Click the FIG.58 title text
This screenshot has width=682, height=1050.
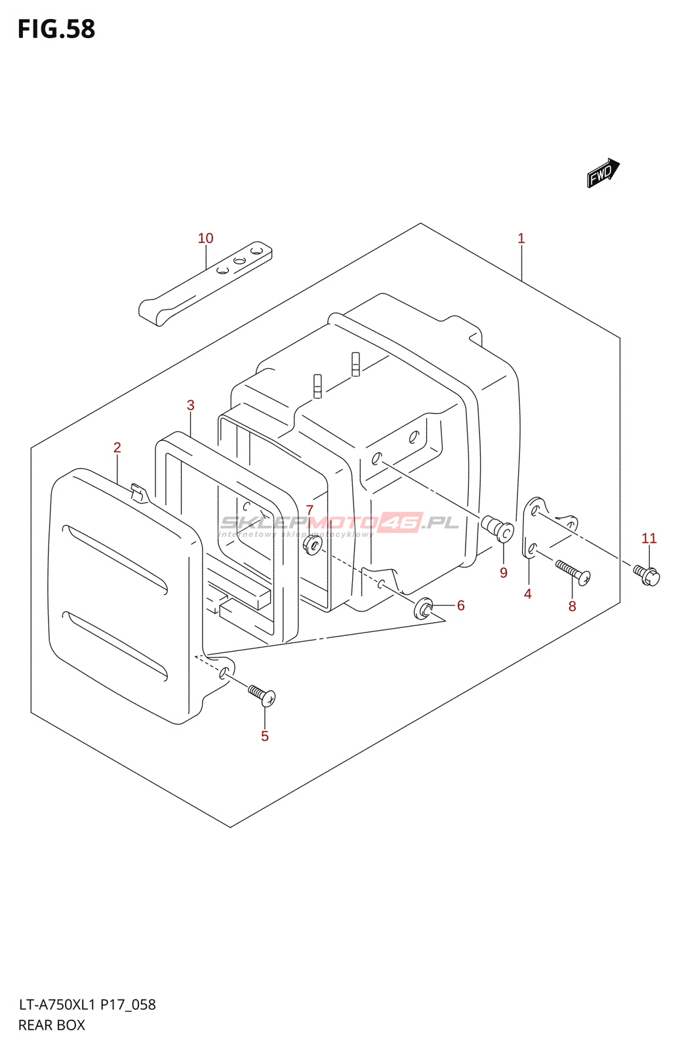[56, 30]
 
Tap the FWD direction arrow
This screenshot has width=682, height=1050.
[603, 173]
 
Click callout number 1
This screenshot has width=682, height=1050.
[521, 238]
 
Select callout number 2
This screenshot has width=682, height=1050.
[117, 448]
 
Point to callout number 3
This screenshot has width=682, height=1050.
[191, 405]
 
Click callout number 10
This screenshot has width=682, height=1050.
[206, 238]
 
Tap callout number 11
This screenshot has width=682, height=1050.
[649, 538]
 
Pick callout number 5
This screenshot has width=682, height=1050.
[265, 736]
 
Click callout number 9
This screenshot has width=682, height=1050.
[504, 573]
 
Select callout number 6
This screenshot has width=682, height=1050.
[461, 605]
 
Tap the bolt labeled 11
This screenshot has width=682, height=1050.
[647, 574]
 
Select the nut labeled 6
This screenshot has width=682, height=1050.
[423, 608]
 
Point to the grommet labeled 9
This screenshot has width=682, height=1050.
[498, 528]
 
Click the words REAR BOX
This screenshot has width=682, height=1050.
[52, 1025]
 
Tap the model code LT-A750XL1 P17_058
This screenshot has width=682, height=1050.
[87, 1005]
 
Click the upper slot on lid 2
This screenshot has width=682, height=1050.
[115, 557]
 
